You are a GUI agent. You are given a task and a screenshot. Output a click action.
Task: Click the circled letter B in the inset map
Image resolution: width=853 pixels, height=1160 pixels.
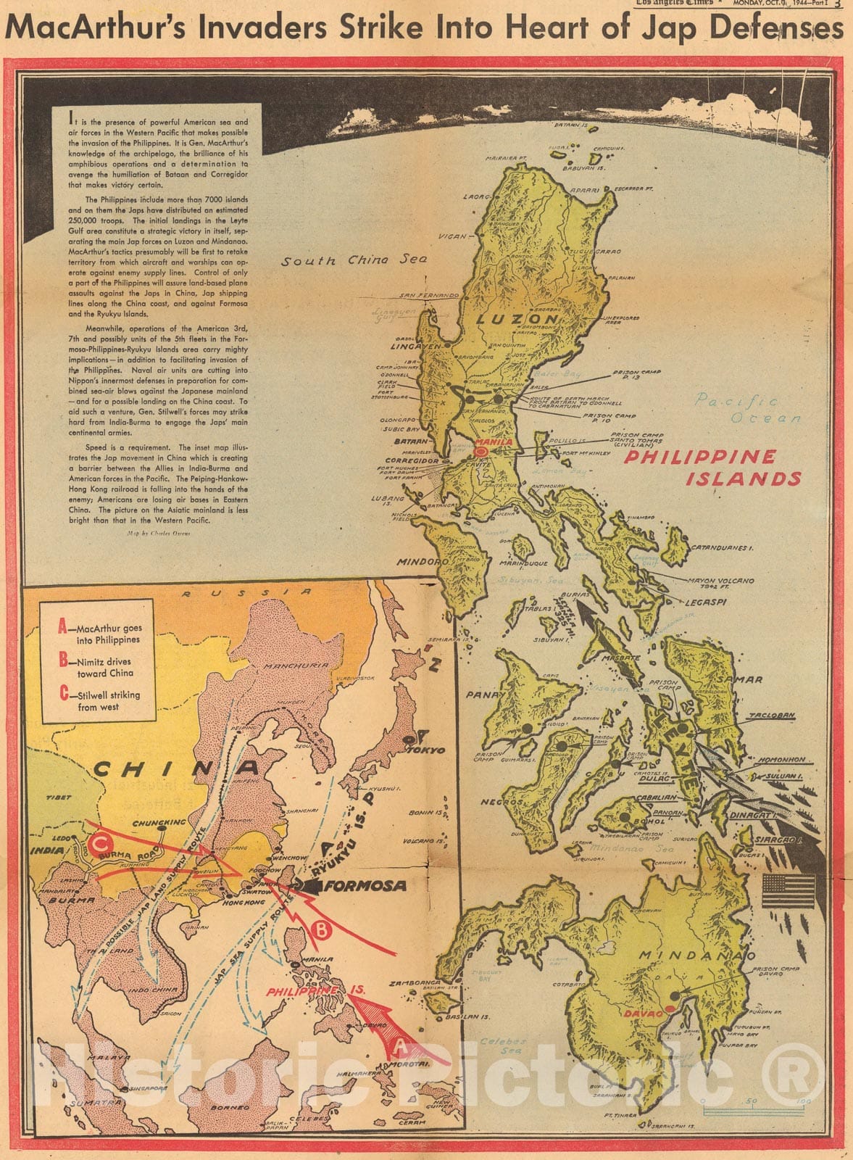(322, 929)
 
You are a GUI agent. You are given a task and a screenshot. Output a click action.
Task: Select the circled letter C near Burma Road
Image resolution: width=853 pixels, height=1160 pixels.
(102, 843)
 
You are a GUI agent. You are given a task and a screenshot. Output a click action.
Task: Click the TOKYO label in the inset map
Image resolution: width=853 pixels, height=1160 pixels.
(429, 750)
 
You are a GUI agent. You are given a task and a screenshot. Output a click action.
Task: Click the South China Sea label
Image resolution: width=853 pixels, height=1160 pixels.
(354, 260)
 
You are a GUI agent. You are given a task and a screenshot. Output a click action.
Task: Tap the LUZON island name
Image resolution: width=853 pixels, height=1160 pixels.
(517, 318)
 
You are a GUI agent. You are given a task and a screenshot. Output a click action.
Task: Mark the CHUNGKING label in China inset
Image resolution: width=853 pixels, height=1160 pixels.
(159, 823)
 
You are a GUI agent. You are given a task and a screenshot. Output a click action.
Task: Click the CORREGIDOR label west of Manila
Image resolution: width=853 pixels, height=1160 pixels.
(412, 460)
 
